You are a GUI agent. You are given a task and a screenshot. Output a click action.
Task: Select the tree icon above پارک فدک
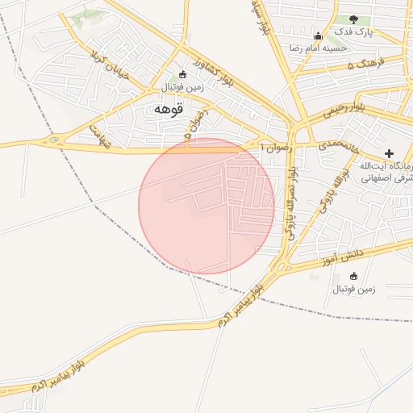354,19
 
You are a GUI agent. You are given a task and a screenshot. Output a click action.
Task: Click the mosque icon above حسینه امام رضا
318,35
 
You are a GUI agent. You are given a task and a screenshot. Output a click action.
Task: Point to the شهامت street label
99,135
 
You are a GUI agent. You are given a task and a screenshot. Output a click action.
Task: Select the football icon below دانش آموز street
354,276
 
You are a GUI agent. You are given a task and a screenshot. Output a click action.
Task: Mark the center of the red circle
206,206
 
